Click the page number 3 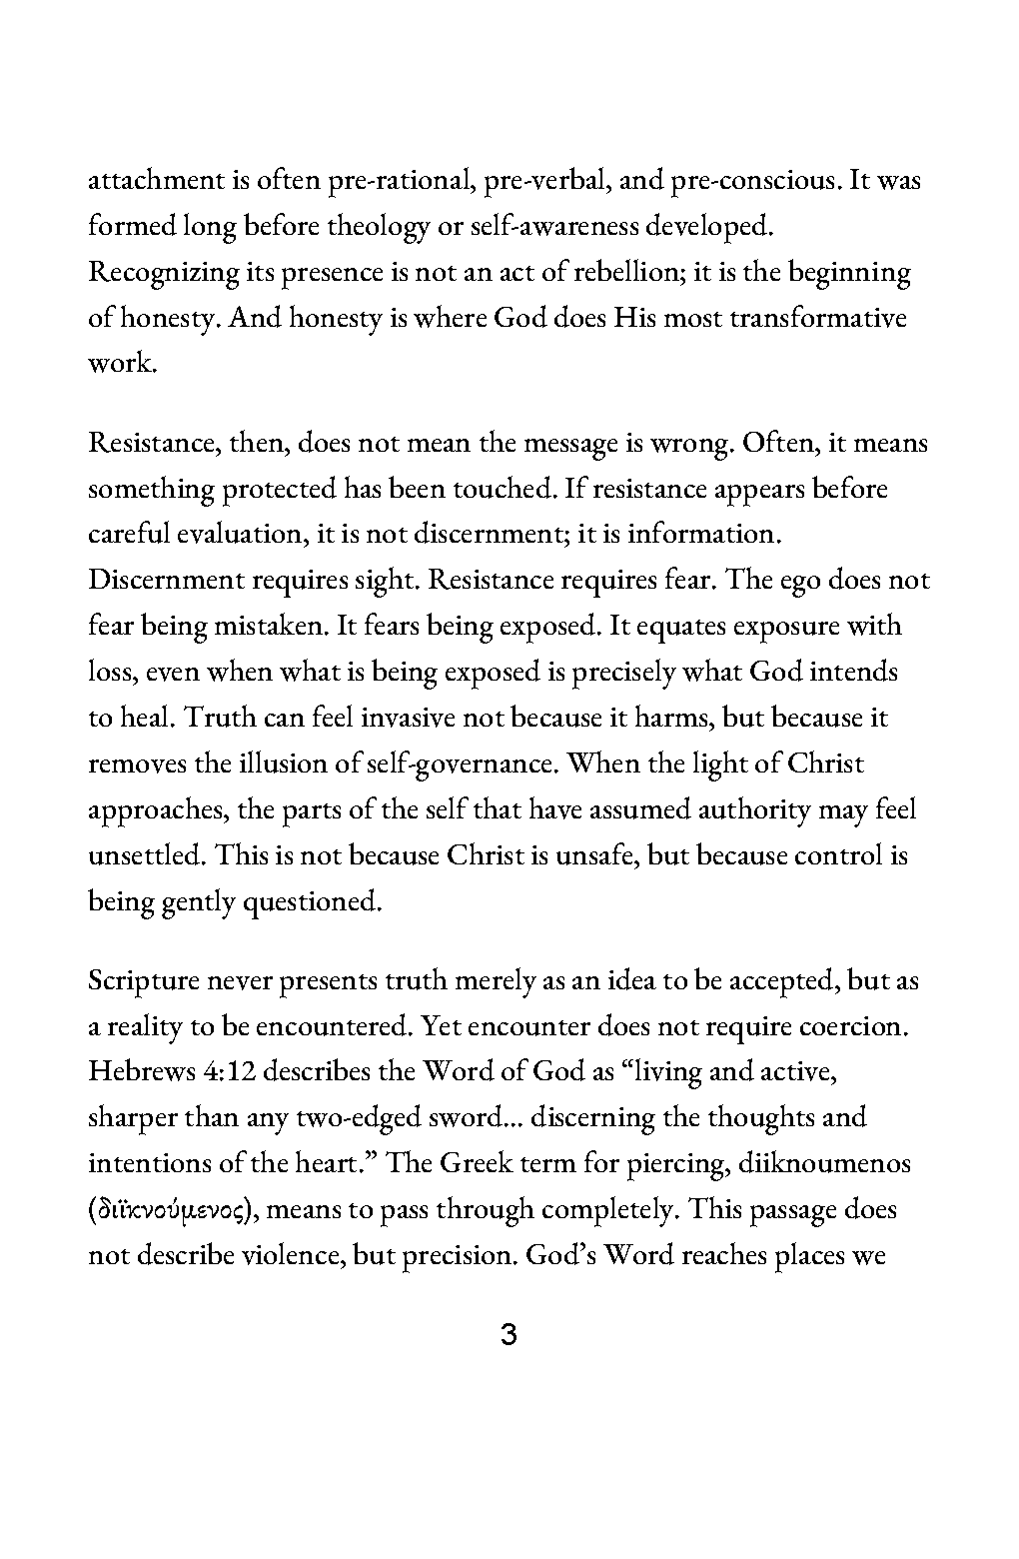coord(509,1335)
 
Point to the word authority coord(759,810)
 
